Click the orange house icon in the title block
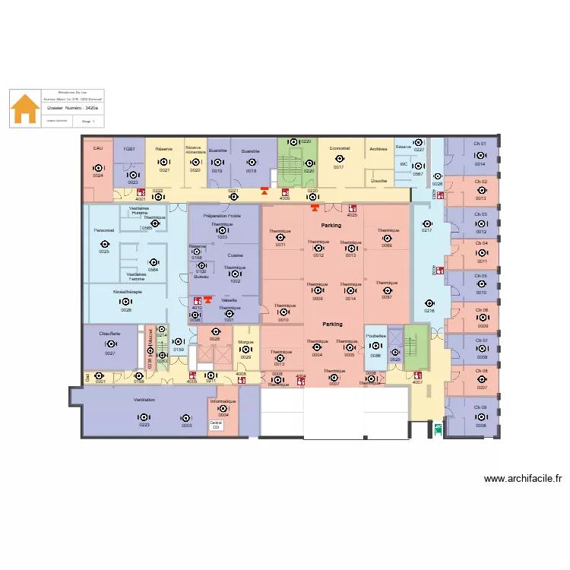point(25,109)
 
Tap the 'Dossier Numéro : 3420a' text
point(72,109)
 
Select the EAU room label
point(97,148)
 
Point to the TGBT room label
point(129,150)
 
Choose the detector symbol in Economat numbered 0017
point(339,159)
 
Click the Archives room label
point(378,150)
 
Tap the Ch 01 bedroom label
point(480,144)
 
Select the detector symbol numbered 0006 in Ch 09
point(481,417)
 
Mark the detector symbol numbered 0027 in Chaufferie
point(110,344)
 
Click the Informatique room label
point(223,401)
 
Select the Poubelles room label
point(375,335)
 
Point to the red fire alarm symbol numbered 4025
point(352,207)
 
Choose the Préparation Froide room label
point(222,216)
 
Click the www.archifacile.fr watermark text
point(523,479)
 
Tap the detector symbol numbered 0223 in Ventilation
point(144,417)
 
